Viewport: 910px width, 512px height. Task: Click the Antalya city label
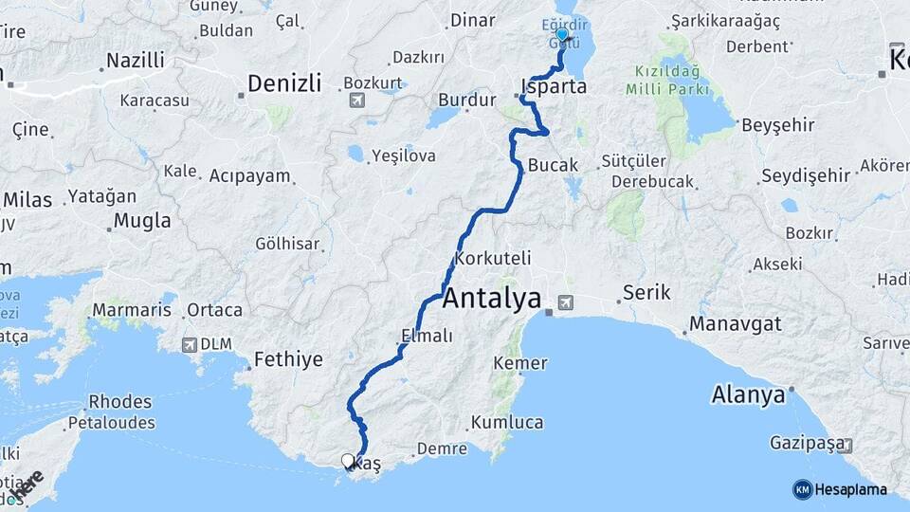click(x=492, y=300)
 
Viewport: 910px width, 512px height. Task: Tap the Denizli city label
click(x=283, y=83)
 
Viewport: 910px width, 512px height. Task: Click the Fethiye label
click(x=288, y=360)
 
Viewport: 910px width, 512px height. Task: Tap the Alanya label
click(x=749, y=394)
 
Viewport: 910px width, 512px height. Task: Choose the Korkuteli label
click(x=493, y=258)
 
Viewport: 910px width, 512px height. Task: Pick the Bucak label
click(x=553, y=165)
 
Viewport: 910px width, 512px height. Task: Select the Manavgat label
click(x=736, y=324)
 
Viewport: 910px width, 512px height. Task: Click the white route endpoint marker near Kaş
click(x=348, y=462)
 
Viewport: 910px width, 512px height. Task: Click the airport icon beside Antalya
click(x=566, y=303)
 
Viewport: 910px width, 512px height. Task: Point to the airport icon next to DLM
click(x=190, y=345)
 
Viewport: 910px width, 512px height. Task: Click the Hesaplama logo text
click(x=850, y=490)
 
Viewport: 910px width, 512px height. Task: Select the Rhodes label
click(x=120, y=401)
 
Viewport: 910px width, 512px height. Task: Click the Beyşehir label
click(x=779, y=125)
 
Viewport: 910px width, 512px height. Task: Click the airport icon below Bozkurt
click(x=357, y=100)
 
